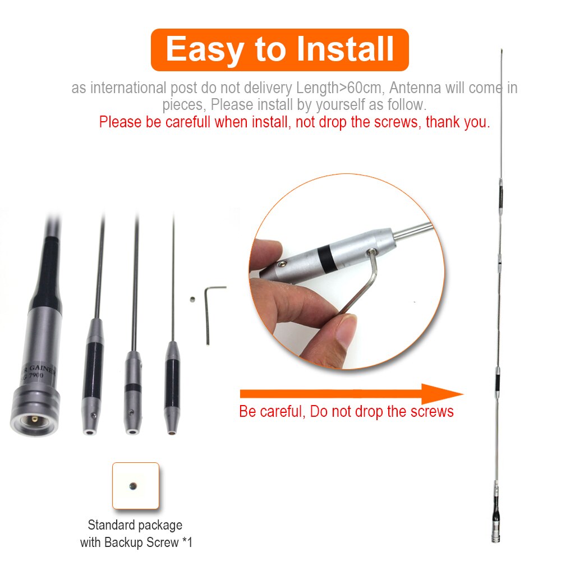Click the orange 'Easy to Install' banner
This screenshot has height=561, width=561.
280,49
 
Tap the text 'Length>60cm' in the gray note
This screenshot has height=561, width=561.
338,88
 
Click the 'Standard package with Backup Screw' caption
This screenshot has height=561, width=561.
136,534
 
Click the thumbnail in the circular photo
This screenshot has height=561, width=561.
339,331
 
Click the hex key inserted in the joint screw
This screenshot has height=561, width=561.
359,286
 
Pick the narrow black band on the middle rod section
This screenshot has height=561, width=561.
133,387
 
